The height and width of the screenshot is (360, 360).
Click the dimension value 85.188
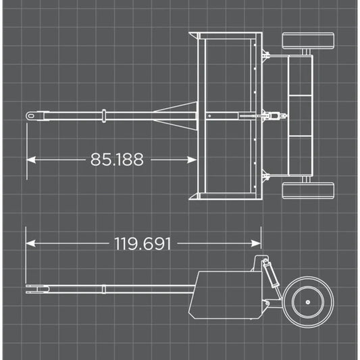click(116, 159)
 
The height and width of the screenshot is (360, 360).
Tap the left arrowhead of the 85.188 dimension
click(31, 159)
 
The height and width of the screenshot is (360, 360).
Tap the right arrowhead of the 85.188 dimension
click(192, 159)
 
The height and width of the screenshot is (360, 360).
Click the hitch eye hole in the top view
click(32, 116)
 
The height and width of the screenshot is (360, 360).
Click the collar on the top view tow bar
click(104, 116)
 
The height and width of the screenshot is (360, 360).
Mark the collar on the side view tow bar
click(104, 290)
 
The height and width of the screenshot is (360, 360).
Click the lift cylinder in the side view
click(269, 276)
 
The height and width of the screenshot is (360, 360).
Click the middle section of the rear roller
click(299, 116)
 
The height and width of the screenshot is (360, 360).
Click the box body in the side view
click(226, 294)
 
